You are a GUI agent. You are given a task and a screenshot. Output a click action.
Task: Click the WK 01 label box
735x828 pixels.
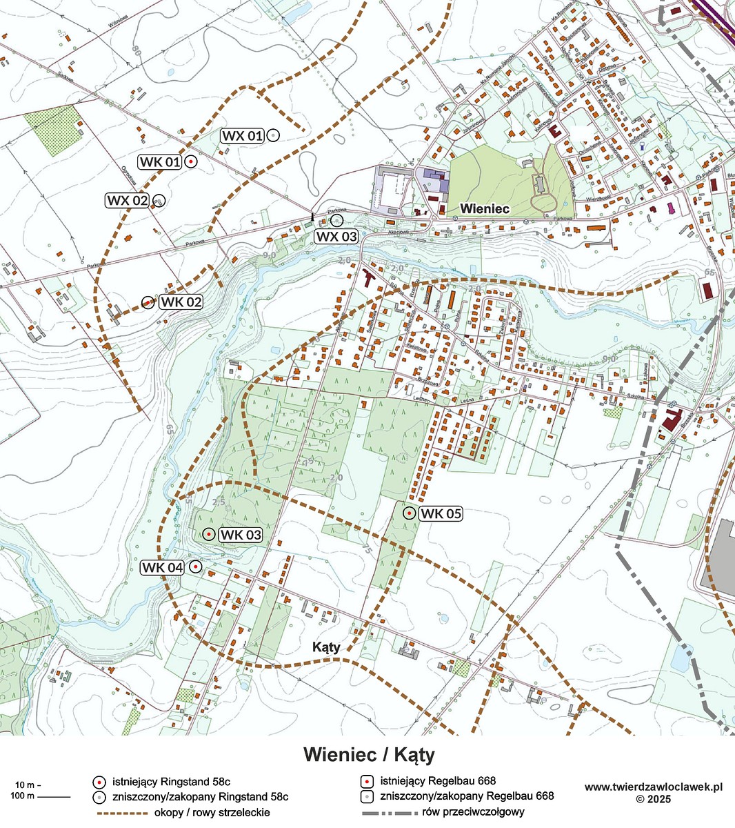(161, 162)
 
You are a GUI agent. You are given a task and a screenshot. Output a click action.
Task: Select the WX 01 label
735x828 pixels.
(242, 136)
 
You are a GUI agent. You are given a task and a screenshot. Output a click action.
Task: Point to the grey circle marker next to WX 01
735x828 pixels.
(273, 136)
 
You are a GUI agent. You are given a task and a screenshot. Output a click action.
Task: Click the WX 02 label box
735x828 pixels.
(128, 201)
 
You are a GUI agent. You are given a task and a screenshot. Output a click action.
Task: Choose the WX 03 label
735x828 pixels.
(336, 236)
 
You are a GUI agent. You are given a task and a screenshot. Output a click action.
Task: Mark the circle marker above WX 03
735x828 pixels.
(336, 220)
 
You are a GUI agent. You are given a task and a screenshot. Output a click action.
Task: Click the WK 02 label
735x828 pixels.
(181, 302)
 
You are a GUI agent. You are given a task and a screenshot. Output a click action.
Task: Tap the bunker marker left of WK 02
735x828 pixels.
(147, 302)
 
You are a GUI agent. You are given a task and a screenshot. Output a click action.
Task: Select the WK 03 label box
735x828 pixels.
(241, 535)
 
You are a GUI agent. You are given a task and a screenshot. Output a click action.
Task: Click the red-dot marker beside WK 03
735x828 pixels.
(208, 534)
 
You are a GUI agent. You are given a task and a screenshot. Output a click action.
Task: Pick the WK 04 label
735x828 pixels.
(163, 567)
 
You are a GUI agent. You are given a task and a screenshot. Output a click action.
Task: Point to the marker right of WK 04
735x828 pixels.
(195, 566)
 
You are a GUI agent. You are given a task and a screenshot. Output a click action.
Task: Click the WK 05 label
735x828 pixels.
(441, 513)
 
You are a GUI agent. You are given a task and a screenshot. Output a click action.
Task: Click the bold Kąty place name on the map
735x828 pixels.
(327, 647)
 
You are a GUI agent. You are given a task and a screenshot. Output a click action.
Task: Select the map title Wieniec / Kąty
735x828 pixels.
(369, 754)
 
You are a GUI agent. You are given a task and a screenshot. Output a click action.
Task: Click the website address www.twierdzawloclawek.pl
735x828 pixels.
(653, 787)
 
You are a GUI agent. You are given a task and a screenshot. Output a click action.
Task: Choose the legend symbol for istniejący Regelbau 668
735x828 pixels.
(367, 782)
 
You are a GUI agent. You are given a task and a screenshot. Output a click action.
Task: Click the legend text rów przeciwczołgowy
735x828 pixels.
(475, 812)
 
